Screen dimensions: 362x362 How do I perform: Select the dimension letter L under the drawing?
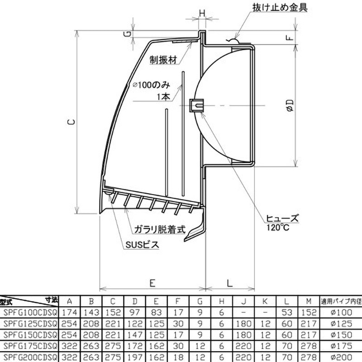coord(229,283)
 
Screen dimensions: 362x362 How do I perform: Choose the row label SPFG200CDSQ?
coord(30,357)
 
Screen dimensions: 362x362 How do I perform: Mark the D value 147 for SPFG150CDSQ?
coord(134,335)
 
